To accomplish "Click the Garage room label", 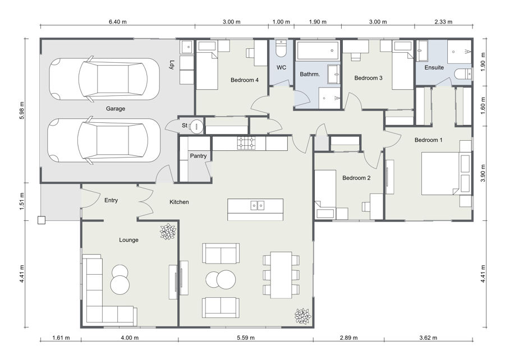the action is click(115, 109).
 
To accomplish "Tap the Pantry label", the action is click(198, 156).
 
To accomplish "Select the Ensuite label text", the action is click(434, 67).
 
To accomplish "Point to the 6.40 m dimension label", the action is click(118, 22).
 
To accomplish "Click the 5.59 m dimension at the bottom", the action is click(246, 338).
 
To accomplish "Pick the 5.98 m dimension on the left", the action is click(22, 110).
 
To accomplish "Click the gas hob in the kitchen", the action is click(246, 143).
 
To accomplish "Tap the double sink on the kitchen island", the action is click(258, 205).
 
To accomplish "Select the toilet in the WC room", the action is click(281, 49).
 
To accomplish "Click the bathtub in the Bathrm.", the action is click(318, 50).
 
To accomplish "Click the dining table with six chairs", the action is click(281, 275).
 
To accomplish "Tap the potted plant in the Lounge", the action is click(168, 232).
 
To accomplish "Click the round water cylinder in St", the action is click(196, 126).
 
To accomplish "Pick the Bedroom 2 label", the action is click(356, 178).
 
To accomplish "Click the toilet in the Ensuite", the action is click(463, 74).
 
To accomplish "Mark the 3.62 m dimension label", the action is click(428, 338).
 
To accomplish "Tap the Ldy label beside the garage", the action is click(172, 65).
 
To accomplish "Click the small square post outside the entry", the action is click(42, 220).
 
